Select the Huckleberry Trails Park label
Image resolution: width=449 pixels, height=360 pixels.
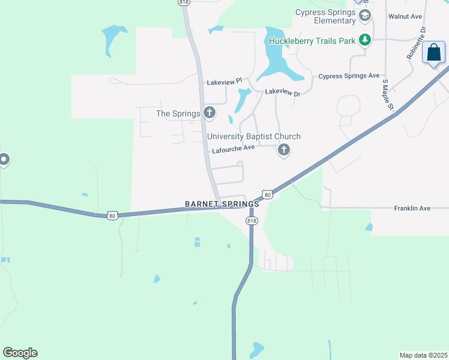pos(312,41)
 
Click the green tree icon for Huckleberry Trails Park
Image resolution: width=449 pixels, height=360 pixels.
pos(364,40)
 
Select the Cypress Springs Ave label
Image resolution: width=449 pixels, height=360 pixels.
pos(349,76)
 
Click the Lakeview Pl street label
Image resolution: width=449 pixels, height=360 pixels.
pos(224,80)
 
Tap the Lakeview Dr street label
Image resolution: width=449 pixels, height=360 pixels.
pos(282,92)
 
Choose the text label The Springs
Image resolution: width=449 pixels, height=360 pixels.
pos(178,113)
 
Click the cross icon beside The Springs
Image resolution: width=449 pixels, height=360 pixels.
pos(209,112)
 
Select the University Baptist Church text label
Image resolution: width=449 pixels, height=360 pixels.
pos(254,137)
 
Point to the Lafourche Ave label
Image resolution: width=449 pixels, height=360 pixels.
pos(234,151)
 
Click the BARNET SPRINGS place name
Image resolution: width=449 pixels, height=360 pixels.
pos(222,204)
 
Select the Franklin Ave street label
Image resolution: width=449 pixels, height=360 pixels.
pos(412,208)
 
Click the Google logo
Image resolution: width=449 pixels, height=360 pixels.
pos(20,353)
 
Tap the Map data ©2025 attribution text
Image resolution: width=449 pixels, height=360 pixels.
pos(423,355)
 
